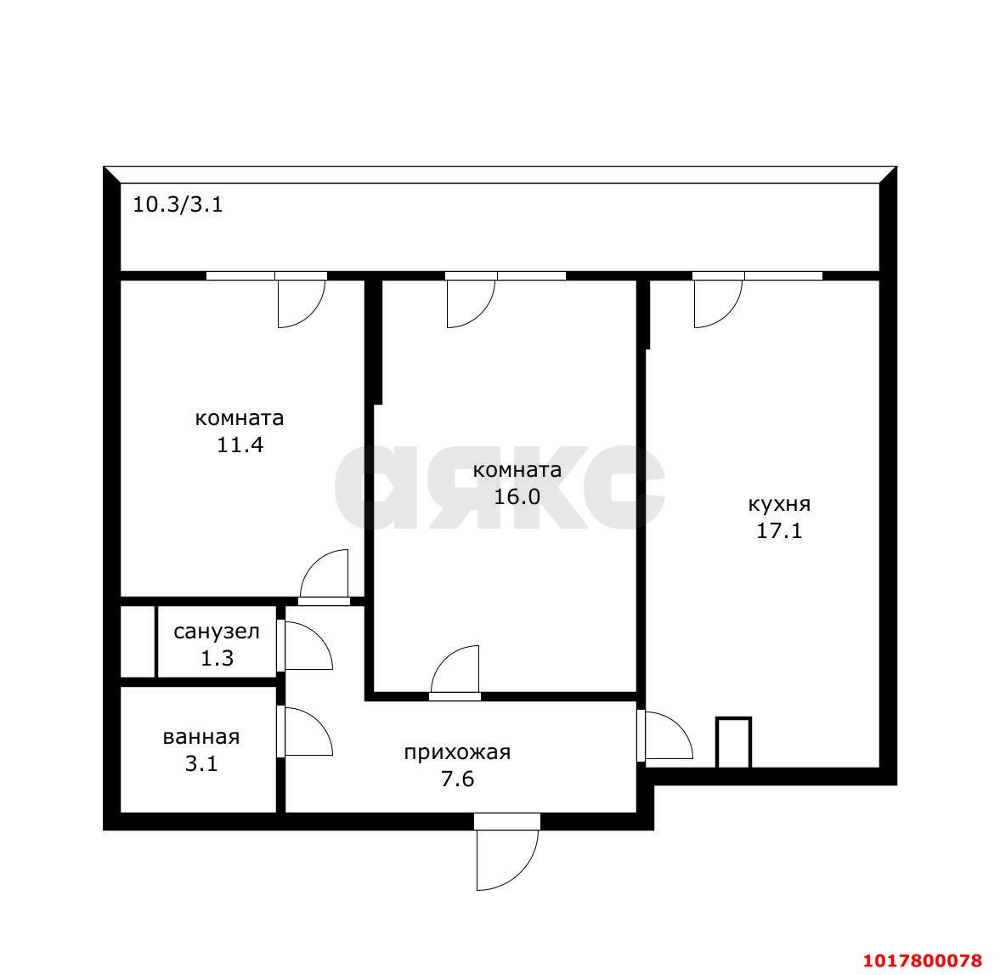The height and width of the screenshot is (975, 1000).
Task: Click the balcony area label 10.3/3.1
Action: point(178,205)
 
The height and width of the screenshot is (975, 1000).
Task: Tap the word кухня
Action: point(779,504)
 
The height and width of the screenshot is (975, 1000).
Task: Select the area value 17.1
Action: point(779,531)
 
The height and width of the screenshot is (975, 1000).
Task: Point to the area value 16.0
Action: point(517,496)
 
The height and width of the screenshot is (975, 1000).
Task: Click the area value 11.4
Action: point(240,444)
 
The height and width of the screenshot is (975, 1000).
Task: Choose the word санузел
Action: point(217,632)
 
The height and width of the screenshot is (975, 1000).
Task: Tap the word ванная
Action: point(201,737)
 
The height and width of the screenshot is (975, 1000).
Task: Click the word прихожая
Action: point(457,753)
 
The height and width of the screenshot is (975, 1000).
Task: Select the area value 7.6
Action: point(457,779)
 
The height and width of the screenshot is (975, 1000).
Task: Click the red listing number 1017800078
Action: point(923,961)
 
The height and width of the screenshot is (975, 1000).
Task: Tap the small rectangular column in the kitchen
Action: point(733,743)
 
